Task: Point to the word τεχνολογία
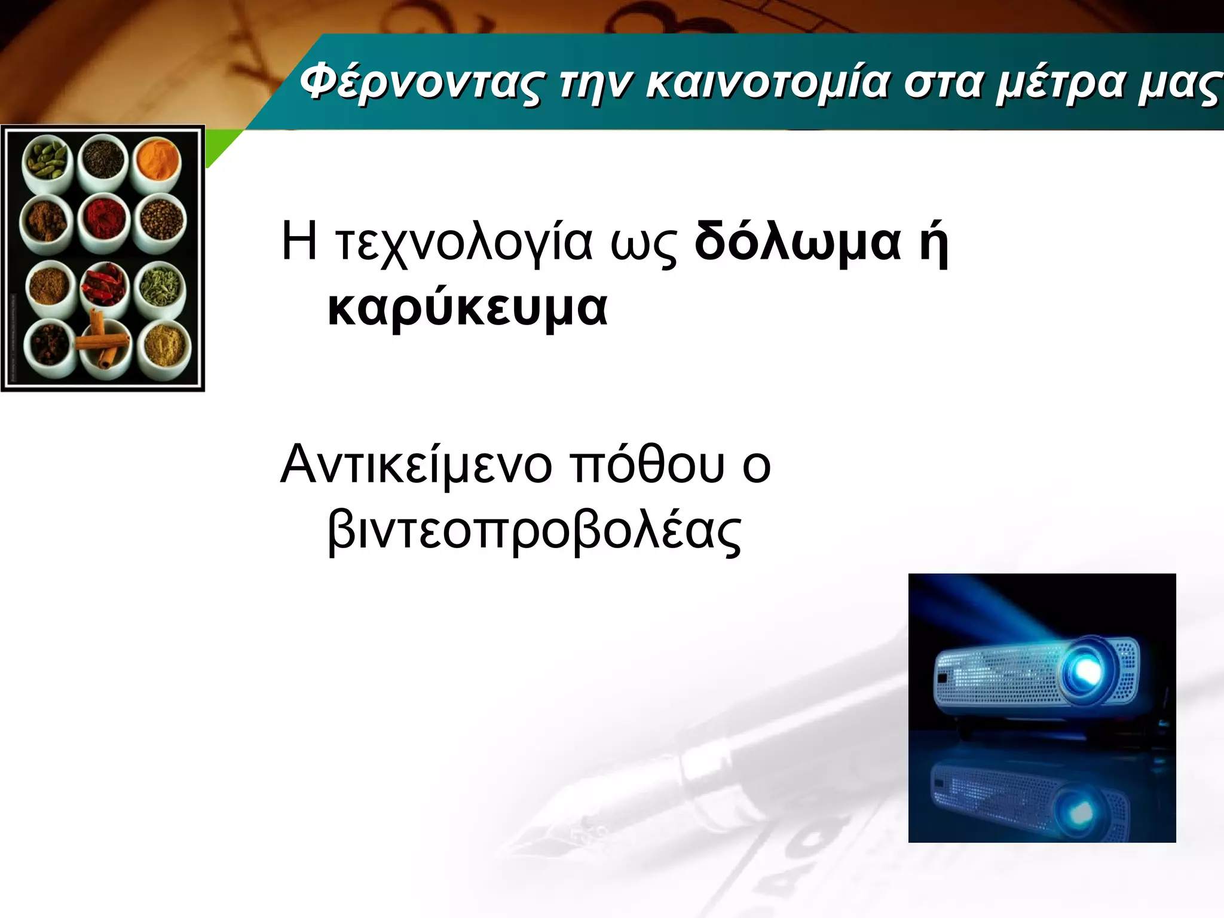tap(463, 242)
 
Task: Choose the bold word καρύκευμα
tap(467, 308)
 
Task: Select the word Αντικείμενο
tap(416, 465)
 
